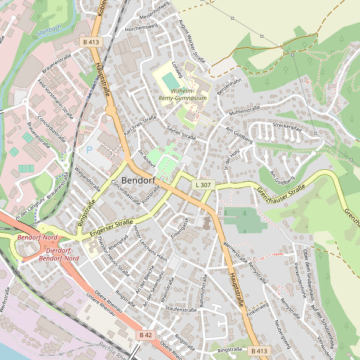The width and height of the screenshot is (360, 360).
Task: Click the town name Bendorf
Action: [140, 180]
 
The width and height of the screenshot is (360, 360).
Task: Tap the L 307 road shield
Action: [203, 185]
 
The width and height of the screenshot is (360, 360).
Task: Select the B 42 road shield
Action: [145, 335]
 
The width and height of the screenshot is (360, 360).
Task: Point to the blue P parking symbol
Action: [89, 150]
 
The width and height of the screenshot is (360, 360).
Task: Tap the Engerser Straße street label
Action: [111, 229]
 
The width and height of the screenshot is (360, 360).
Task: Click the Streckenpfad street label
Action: [286, 127]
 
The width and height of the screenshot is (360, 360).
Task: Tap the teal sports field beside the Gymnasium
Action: [170, 79]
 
